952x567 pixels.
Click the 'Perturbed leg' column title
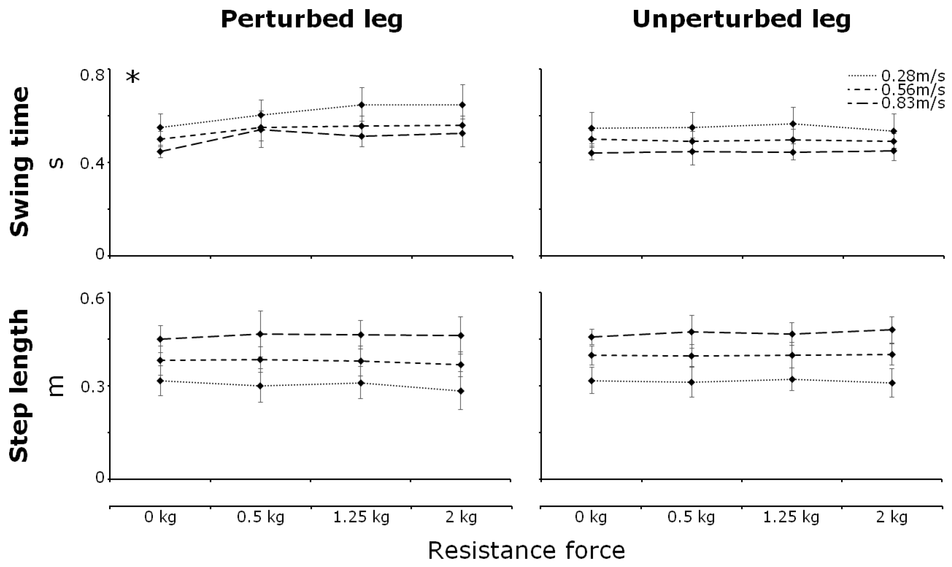tap(311, 20)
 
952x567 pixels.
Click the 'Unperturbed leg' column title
tap(741, 20)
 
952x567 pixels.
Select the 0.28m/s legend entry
tap(913, 76)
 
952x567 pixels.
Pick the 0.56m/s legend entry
tap(913, 90)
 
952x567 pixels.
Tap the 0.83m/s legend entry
tap(913, 103)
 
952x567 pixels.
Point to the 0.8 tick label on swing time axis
tap(92, 75)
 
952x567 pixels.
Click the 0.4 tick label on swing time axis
tap(92, 163)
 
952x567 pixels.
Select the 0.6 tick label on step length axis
tap(92, 298)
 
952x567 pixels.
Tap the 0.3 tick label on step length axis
tap(92, 387)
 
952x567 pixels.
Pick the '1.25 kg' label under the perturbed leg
tap(361, 517)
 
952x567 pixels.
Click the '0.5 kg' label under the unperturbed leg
tap(691, 517)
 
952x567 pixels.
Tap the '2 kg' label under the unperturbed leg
tap(892, 517)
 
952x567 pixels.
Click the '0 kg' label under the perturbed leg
tap(160, 517)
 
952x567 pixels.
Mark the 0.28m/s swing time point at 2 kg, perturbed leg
tap(462, 105)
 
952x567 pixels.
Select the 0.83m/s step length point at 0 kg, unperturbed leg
tap(592, 337)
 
